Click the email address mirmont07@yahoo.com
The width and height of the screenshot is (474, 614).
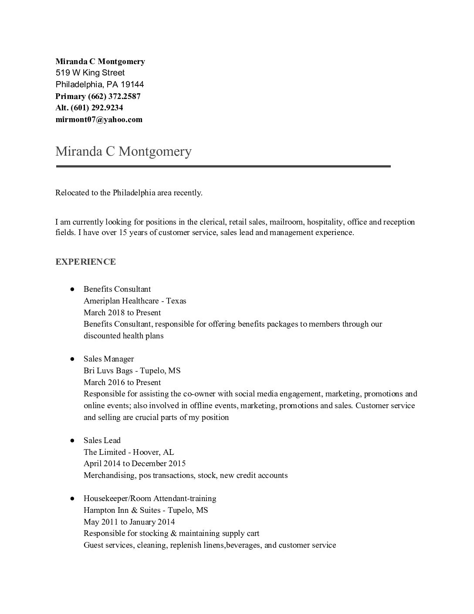click(x=99, y=119)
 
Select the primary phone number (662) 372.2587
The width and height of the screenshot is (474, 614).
click(x=114, y=96)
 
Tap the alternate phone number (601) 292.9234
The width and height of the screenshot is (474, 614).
click(x=97, y=108)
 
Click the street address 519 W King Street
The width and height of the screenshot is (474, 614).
click(x=90, y=73)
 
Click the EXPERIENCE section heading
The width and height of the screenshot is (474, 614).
click(x=85, y=262)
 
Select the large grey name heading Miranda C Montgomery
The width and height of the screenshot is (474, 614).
click(x=123, y=151)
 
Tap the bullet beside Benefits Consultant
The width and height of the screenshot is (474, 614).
click(x=72, y=289)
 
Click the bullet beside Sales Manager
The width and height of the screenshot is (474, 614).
click(x=72, y=359)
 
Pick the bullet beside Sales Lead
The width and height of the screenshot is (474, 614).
click(x=72, y=440)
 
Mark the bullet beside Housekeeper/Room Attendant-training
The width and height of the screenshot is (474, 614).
click(x=72, y=498)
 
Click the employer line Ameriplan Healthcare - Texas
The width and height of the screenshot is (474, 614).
click(x=135, y=301)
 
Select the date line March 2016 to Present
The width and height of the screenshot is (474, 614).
click(x=122, y=382)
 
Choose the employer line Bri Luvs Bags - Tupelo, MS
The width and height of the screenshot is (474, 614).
click(x=132, y=371)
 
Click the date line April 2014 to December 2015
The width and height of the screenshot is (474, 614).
click(x=134, y=464)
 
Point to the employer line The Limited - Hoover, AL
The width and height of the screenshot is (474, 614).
click(x=129, y=452)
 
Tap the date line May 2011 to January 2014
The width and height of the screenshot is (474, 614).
click(x=129, y=522)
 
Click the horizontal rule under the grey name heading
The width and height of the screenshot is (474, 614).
click(x=223, y=166)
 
